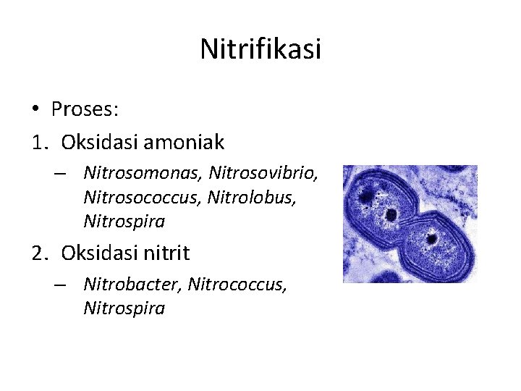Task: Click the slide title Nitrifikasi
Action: (x=260, y=49)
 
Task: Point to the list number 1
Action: (x=38, y=143)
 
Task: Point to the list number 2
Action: (x=38, y=253)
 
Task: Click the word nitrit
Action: (x=166, y=253)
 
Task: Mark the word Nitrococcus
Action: (x=237, y=285)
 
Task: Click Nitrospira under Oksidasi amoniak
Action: (x=124, y=220)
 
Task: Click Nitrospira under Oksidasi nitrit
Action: (x=124, y=308)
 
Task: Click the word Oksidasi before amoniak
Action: (x=99, y=143)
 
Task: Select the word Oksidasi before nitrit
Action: (x=99, y=253)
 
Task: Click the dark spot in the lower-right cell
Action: (x=432, y=238)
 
